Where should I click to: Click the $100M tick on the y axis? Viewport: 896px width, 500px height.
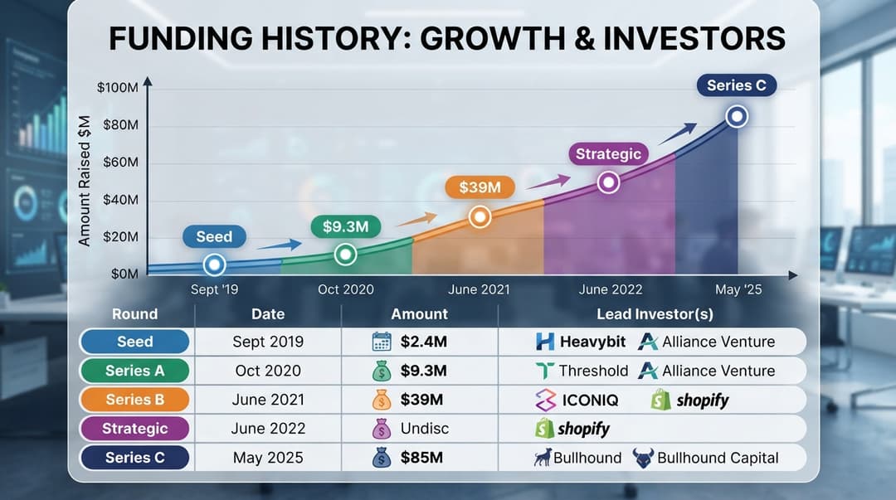tap(118, 87)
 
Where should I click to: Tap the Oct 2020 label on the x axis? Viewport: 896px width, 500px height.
tap(346, 289)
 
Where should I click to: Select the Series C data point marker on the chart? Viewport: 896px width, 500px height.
tap(737, 117)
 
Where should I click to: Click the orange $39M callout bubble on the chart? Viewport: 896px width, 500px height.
tap(480, 187)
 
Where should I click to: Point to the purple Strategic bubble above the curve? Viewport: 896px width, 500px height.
tap(608, 154)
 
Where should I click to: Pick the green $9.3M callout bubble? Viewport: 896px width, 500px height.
tap(346, 227)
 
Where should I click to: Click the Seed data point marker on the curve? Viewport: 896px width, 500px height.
tap(214, 265)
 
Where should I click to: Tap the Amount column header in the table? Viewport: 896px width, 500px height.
tap(420, 314)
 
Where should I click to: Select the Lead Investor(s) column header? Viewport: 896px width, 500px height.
tap(655, 314)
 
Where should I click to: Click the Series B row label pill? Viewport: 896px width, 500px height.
tap(135, 400)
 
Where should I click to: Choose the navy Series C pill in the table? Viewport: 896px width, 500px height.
tap(135, 458)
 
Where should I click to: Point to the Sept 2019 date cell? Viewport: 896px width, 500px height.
tap(268, 342)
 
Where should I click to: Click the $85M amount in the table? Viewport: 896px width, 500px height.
tap(421, 458)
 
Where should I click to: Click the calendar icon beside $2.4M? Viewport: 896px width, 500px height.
tap(382, 342)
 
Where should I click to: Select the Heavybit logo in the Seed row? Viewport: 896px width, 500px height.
tap(545, 342)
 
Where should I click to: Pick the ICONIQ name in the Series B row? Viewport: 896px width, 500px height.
tap(591, 400)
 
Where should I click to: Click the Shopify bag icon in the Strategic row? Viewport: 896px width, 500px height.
tap(544, 429)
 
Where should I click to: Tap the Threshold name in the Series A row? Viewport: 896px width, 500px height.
tap(593, 371)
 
